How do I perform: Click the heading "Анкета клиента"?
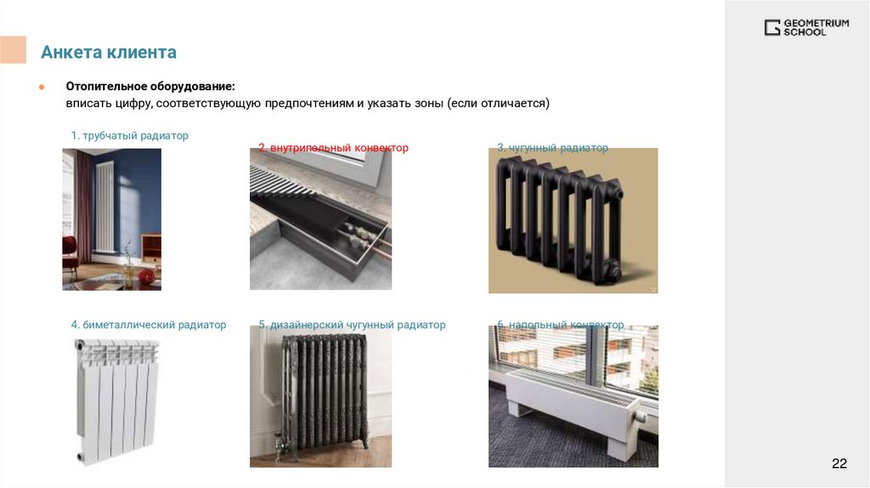(x=109, y=52)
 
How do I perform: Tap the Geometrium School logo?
(x=806, y=27)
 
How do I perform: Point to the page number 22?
(x=839, y=463)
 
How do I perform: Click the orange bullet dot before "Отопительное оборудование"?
(x=42, y=87)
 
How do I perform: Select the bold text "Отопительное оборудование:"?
(x=150, y=86)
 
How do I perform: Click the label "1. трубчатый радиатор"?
(x=129, y=135)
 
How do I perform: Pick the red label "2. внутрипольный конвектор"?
(x=333, y=148)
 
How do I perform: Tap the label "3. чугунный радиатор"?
(x=552, y=148)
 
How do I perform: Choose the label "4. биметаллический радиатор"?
(x=148, y=325)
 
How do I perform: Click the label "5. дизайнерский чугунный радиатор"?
(x=352, y=325)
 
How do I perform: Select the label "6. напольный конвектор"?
(x=561, y=325)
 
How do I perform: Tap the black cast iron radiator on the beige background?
(x=559, y=218)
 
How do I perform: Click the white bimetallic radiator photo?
(x=116, y=400)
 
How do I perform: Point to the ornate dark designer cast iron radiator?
(x=324, y=391)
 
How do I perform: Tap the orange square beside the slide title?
(x=13, y=50)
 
